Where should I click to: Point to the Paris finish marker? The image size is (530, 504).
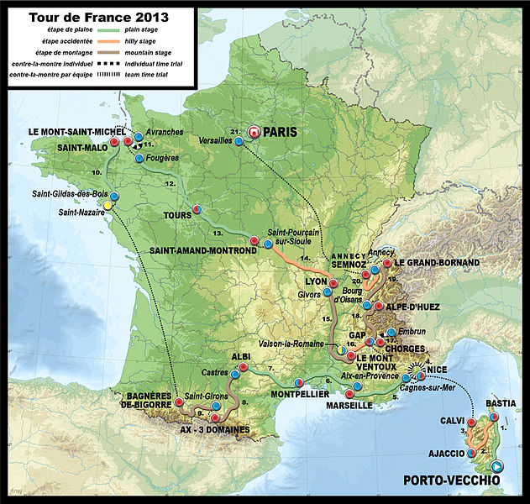point(254,132)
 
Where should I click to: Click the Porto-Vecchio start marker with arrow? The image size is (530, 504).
point(496,467)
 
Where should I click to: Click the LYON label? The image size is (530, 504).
point(316,281)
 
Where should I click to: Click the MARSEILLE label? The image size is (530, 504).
point(349,405)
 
